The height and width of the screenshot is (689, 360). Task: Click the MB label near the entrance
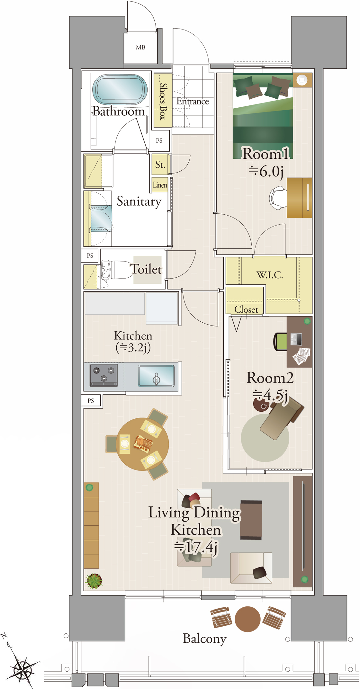pos(140,48)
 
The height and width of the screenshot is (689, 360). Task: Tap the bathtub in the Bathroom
pos(120,90)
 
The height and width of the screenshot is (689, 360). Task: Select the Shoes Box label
pos(163,101)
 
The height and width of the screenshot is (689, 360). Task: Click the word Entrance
pos(193,102)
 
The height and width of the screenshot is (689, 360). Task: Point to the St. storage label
pos(160,165)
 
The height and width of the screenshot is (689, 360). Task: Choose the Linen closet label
pos(160,185)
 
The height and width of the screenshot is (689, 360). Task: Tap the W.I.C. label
pos(270,275)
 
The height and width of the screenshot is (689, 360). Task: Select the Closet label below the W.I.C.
pos(246,309)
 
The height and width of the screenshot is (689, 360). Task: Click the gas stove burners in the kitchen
pos(104,375)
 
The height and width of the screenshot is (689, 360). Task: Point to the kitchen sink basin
pos(156,376)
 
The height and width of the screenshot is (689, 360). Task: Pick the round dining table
pos(142,444)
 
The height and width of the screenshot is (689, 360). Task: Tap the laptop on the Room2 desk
pos(296,339)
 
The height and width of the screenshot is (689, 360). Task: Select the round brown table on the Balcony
pos(248,619)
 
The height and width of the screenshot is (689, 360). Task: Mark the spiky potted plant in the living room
pos(94,581)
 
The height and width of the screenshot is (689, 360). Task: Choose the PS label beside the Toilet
pos(90,256)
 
